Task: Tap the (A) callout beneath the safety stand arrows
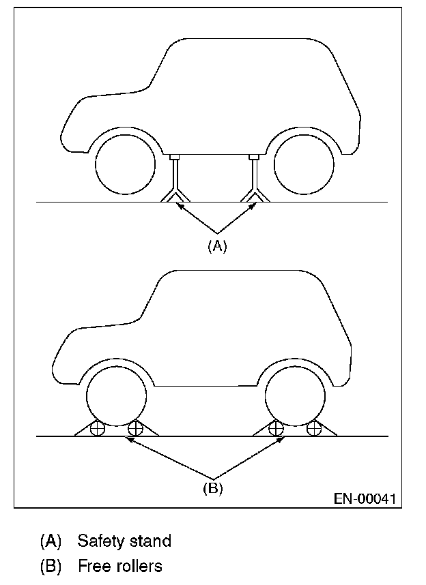[216, 246]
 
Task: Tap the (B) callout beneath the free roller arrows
[213, 488]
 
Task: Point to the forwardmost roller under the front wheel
[97, 429]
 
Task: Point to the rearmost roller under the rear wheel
[314, 429]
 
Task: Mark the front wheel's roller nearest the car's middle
[135, 429]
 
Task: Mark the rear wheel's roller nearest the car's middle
[276, 429]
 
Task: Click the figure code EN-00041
[364, 498]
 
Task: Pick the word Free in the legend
[92, 566]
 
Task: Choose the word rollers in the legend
[137, 566]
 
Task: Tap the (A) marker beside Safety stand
[51, 541]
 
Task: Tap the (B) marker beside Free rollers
[51, 566]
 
